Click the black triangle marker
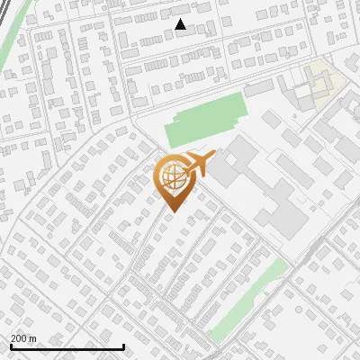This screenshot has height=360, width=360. click(180, 24)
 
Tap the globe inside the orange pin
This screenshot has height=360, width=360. click(172, 176)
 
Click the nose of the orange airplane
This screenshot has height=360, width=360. click(215, 156)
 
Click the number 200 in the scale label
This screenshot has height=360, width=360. click(20, 338)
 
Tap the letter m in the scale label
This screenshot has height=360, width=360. click(34, 338)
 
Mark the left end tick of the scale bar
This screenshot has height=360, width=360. click(10, 346)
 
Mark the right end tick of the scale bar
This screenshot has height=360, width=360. click(123, 346)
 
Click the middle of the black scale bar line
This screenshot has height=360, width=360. click(67, 347)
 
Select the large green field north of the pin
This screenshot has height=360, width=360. click(206, 119)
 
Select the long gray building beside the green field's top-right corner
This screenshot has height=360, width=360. click(258, 88)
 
